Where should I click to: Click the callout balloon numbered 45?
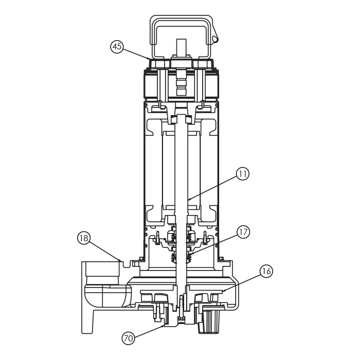pyautogui.click(x=117, y=47)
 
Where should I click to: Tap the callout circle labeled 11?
pyautogui.click(x=243, y=174)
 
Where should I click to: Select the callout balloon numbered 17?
pyautogui.click(x=243, y=232)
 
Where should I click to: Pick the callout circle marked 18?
pyautogui.click(x=84, y=238)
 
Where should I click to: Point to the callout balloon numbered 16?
pyautogui.click(x=266, y=272)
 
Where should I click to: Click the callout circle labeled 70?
pyautogui.click(x=129, y=338)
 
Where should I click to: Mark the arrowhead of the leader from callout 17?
pyautogui.click(x=192, y=254)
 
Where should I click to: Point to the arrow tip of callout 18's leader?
pyautogui.click(x=121, y=261)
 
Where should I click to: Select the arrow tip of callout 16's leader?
pyautogui.click(x=223, y=292)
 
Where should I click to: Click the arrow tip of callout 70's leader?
pyautogui.click(x=164, y=326)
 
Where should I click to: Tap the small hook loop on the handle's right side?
pyautogui.click(x=215, y=39)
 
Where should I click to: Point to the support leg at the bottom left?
pyautogui.click(x=87, y=321)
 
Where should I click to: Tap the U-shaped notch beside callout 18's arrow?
pyautogui.click(x=127, y=264)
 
